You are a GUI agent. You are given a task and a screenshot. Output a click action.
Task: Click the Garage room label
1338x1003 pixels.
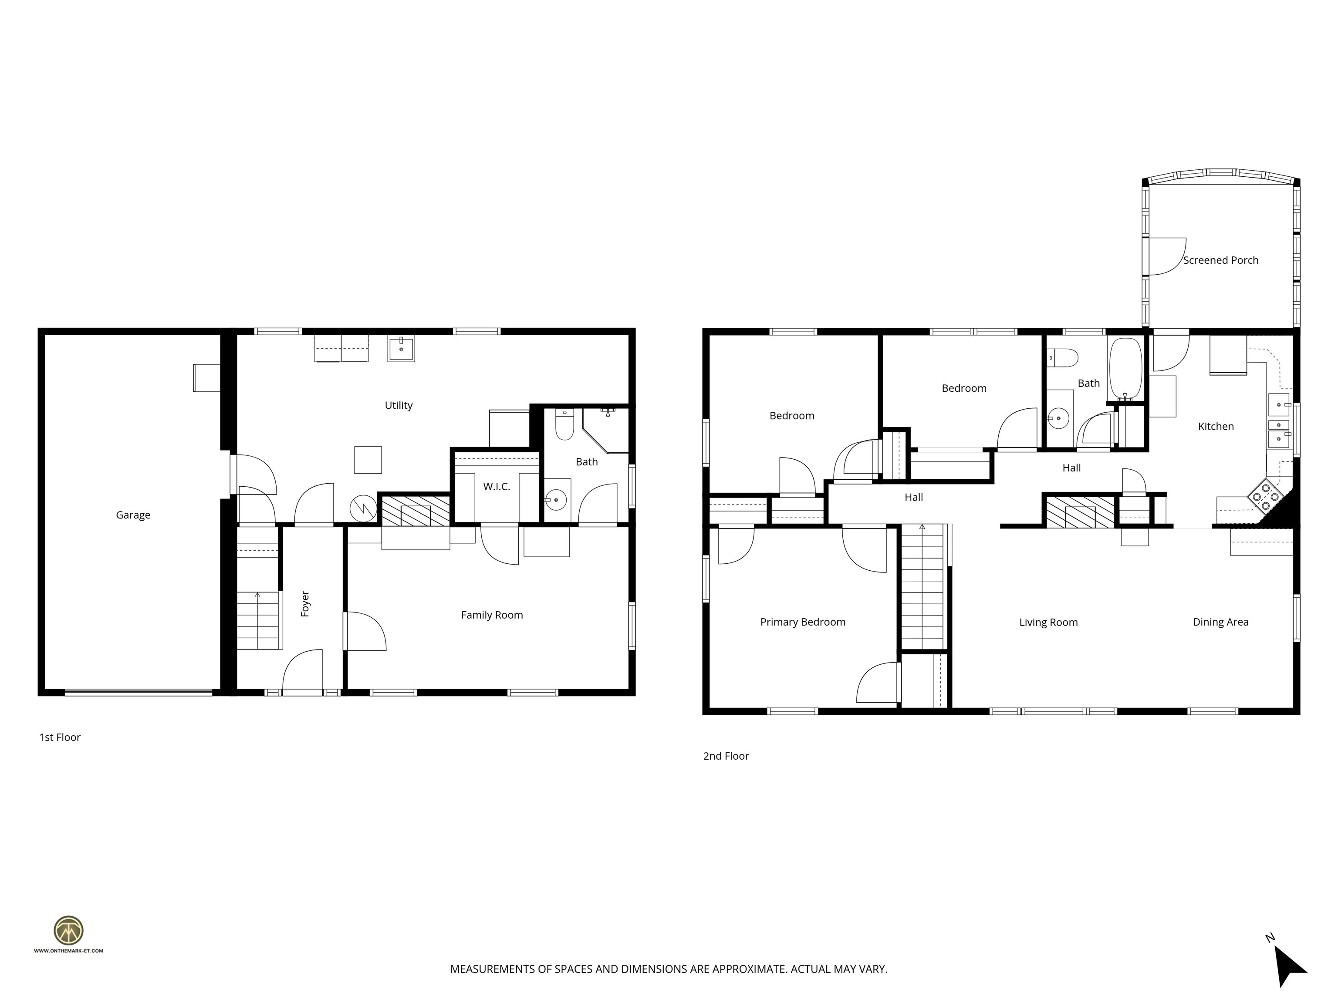pyautogui.click(x=133, y=515)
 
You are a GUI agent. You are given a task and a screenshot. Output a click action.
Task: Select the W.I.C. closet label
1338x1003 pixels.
pyautogui.click(x=496, y=487)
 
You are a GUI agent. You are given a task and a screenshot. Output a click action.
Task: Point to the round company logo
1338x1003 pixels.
pyautogui.click(x=68, y=930)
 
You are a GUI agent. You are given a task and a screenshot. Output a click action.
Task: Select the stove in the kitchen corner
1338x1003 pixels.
pyautogui.click(x=1265, y=497)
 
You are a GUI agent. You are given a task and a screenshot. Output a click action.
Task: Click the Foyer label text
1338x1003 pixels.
pyautogui.click(x=305, y=604)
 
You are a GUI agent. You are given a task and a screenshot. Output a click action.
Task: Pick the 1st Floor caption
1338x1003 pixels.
pyautogui.click(x=60, y=737)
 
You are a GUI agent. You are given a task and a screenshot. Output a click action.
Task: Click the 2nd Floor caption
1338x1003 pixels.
pyautogui.click(x=726, y=756)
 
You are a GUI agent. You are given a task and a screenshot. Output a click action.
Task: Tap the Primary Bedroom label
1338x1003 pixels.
pyautogui.click(x=803, y=622)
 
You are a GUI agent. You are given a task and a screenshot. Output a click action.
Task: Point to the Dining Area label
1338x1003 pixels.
pyautogui.click(x=1220, y=622)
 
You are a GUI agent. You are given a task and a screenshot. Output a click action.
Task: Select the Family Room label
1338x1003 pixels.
pyautogui.click(x=492, y=615)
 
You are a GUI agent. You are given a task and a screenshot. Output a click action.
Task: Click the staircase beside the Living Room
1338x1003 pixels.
pyautogui.click(x=922, y=586)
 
